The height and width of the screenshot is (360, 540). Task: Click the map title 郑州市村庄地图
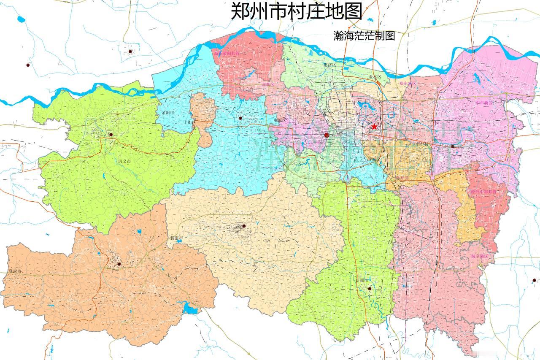point(296,11)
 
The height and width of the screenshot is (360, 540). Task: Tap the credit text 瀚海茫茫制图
point(364,35)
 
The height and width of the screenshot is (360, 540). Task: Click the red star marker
point(374,127)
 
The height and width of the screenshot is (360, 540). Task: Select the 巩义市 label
point(124,162)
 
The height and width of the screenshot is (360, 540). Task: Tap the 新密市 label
point(177,238)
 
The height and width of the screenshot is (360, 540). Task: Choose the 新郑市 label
point(362,280)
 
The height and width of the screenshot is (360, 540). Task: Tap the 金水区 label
point(375,77)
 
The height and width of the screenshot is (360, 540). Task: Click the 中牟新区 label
point(484,103)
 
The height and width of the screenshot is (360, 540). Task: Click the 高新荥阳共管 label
point(226,54)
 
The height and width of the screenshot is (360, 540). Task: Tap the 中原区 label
point(280,120)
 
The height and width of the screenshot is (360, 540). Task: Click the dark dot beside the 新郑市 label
point(370,289)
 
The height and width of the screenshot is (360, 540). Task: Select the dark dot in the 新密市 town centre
point(243,226)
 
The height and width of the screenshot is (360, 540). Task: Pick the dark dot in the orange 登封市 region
point(119,264)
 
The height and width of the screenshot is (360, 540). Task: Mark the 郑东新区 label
point(408,84)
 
